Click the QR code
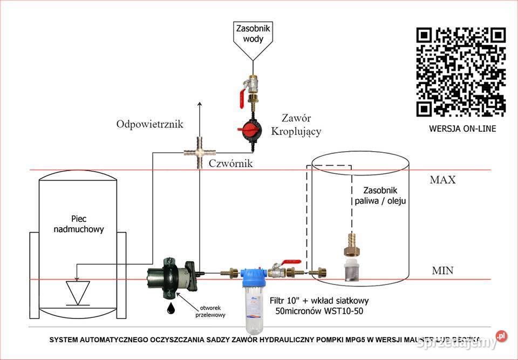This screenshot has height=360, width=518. (461, 72)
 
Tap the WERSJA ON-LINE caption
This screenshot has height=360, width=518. (462, 128)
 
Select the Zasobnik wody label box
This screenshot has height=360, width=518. (253, 33)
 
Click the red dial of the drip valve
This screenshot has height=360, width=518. (251, 130)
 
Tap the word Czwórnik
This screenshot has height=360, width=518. (230, 162)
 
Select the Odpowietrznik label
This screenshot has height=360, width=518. (149, 124)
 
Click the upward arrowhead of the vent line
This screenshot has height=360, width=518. (200, 104)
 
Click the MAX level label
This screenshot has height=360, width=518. (442, 180)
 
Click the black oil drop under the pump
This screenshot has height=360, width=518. (171, 308)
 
